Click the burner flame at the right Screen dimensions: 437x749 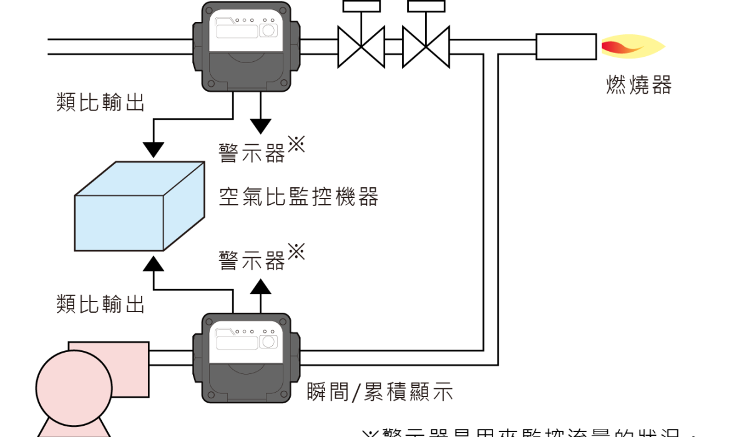pos(632,47)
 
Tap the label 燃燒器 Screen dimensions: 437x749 pos(639,85)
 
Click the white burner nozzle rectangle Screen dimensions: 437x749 pos(565,47)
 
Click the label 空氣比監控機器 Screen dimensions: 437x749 pos(298,197)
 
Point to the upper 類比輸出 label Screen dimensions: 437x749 pos(100,102)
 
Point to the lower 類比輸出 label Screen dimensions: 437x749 pos(100,304)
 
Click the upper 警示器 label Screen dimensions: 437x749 pos(252,152)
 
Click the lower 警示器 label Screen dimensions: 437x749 pos(252,260)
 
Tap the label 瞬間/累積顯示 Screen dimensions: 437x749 pos(379,393)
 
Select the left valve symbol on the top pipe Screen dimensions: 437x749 pos(361,46)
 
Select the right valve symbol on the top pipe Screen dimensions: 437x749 pos(426,46)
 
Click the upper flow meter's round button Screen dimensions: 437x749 pos(269,30)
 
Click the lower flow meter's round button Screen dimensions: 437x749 pos(269,341)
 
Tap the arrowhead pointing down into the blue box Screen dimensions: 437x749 pos(154,150)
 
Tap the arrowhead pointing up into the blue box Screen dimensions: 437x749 pos(154,262)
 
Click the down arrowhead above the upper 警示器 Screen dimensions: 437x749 pos(261,125)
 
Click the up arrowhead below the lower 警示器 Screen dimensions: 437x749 pos(261,287)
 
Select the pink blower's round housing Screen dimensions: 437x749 pos(74,387)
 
